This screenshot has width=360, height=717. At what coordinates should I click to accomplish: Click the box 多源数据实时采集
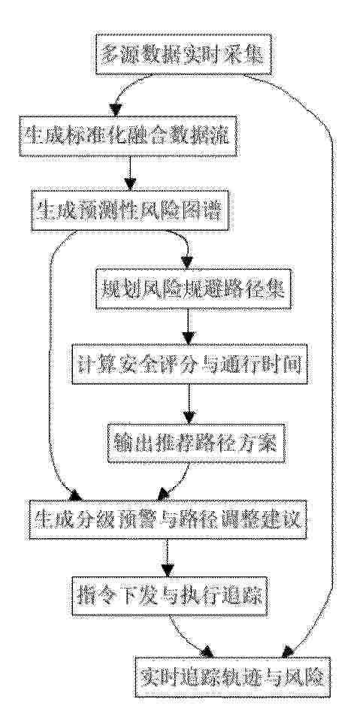click(x=184, y=54)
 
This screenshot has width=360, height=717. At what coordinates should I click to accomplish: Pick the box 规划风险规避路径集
click(x=193, y=289)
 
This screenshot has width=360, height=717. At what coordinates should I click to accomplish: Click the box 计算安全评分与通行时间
click(x=189, y=364)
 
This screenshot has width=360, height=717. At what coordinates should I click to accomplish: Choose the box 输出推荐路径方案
click(x=196, y=443)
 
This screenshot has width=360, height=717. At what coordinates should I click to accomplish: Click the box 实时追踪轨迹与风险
click(x=232, y=676)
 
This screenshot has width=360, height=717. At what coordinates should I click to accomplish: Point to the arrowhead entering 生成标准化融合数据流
click(x=116, y=109)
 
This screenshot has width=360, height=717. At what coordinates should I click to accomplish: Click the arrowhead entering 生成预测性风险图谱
click(x=130, y=184)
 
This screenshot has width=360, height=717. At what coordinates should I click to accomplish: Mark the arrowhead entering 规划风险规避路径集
click(x=186, y=262)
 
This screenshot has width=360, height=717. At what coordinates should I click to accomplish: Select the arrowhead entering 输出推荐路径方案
click(x=189, y=417)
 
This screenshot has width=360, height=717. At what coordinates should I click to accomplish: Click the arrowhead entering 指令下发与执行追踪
click(x=168, y=570)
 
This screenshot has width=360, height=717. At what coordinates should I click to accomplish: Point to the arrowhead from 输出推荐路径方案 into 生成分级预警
click(x=163, y=495)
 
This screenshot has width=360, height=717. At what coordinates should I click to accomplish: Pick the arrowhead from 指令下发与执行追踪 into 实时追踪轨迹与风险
click(x=207, y=651)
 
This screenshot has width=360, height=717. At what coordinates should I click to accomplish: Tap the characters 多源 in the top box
click(x=118, y=54)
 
